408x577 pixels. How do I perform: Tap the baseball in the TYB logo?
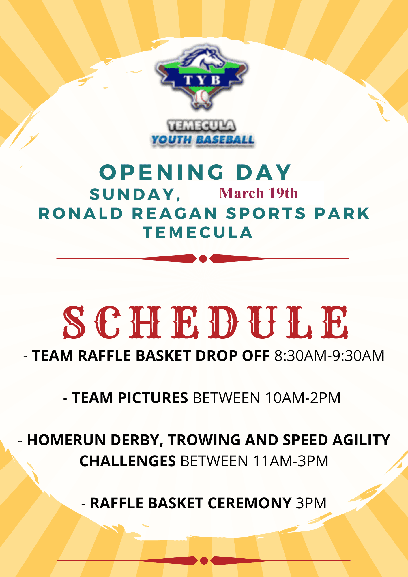(x=202, y=97)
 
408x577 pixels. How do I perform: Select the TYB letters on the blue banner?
(x=202, y=80)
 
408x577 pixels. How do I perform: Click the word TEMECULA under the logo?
(x=202, y=125)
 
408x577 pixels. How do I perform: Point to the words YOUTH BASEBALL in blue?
(x=203, y=140)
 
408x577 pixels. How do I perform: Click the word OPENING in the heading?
(x=162, y=172)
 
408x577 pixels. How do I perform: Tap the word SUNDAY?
(x=135, y=194)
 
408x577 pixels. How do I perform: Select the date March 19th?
(x=259, y=193)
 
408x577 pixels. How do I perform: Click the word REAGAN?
(x=175, y=213)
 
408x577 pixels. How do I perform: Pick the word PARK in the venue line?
(x=342, y=213)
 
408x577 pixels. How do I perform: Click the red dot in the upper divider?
(x=203, y=259)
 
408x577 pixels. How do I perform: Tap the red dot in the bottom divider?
(x=204, y=561)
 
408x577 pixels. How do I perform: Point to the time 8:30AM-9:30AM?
(x=329, y=356)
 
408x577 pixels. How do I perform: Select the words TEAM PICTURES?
(x=130, y=398)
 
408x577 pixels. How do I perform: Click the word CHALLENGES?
(x=128, y=461)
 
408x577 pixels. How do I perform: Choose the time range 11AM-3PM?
(x=291, y=461)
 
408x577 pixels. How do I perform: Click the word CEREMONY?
(x=249, y=503)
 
